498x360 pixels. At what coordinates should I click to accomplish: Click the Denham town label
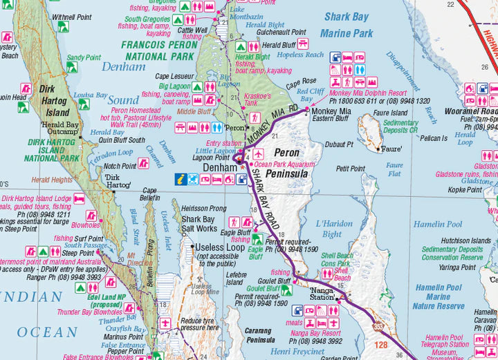click(220, 168)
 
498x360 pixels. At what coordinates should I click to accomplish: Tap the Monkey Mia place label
click(331, 111)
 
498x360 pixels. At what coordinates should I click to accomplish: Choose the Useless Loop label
click(219, 247)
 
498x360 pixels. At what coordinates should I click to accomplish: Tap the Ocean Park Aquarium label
click(284, 164)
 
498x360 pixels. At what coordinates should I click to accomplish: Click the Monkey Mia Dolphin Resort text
click(368, 93)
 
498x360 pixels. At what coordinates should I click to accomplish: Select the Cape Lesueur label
click(173, 76)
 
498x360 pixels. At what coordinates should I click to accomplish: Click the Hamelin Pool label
click(437, 225)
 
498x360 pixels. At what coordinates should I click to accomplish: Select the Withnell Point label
click(72, 16)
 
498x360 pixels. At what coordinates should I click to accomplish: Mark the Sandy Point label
click(84, 58)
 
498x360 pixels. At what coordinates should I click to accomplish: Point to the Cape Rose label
click(301, 82)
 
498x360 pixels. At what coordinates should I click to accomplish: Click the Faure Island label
click(390, 113)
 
